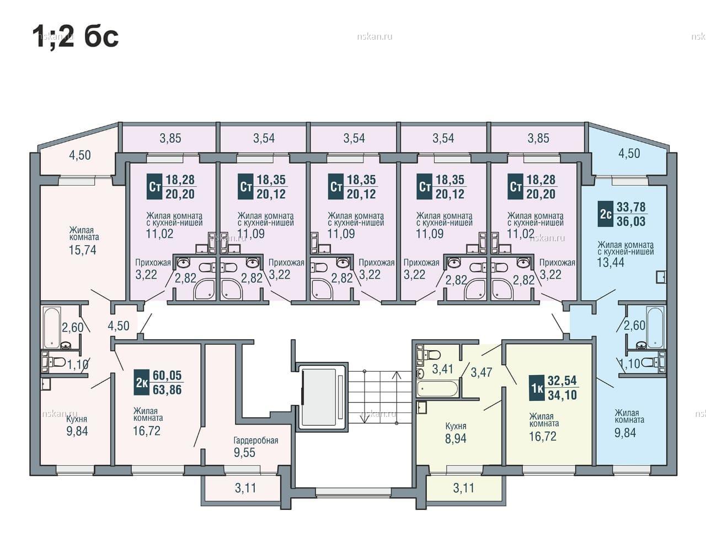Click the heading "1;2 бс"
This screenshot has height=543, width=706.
76,37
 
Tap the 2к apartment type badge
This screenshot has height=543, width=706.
142,382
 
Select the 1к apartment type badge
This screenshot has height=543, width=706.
537,388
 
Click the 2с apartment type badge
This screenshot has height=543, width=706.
606,214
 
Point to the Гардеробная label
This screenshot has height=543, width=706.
256,440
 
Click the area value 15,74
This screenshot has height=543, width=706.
83,250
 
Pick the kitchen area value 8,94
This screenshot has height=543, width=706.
456,438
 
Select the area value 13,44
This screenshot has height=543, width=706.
611,262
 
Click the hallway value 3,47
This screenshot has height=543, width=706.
482,372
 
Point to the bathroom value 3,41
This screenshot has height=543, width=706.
442,369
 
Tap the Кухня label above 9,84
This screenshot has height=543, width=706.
77,420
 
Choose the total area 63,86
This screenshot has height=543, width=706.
167,389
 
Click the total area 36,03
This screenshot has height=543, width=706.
632,221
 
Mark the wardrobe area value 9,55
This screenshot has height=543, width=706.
245,452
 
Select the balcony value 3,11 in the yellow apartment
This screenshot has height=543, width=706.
464,488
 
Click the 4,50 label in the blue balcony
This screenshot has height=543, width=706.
629,154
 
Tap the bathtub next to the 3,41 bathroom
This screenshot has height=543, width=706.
437,388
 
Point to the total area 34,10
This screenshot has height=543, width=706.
563,395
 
